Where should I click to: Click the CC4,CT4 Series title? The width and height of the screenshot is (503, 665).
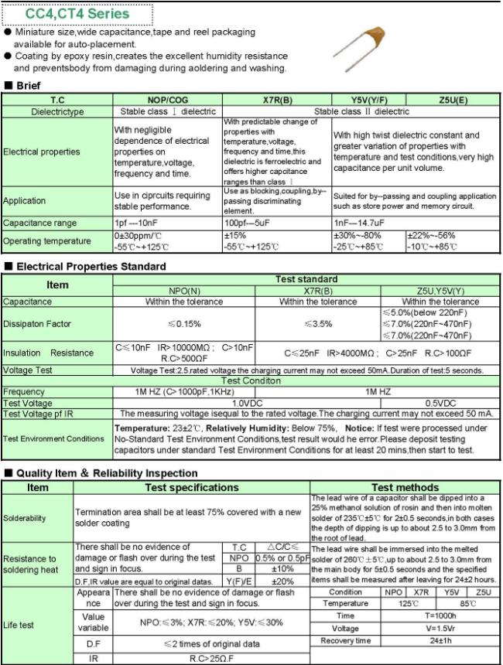pyautogui.click(x=77, y=14)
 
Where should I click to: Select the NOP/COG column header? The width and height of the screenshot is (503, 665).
pyautogui.click(x=166, y=101)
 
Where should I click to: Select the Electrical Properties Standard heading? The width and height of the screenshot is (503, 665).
pyautogui.click(x=91, y=266)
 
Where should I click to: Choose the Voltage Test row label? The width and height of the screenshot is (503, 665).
pyautogui.click(x=29, y=370)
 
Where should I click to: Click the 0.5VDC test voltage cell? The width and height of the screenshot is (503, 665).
pyautogui.click(x=440, y=403)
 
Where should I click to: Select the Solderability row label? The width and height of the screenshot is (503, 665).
pyautogui.click(x=24, y=517)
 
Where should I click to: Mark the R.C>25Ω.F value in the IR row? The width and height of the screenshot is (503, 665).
pyautogui.click(x=211, y=658)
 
